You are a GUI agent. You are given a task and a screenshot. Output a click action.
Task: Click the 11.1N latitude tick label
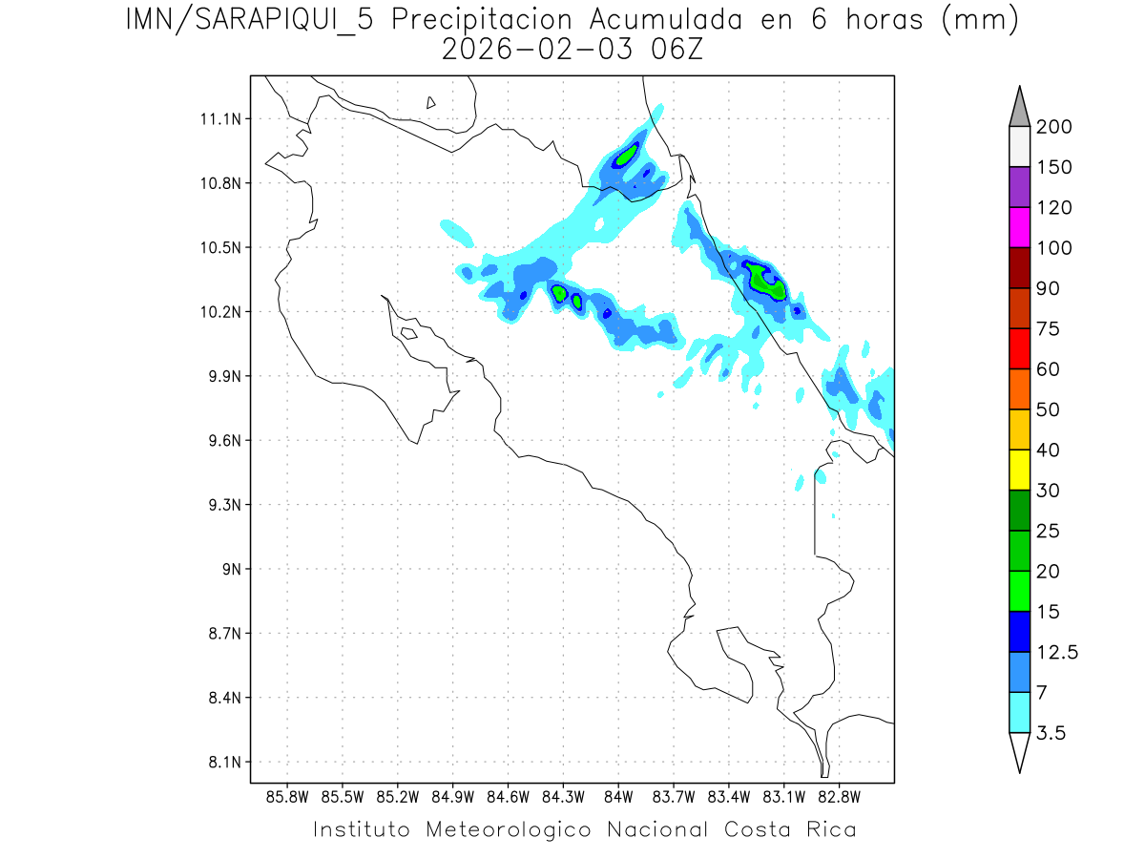(219, 119)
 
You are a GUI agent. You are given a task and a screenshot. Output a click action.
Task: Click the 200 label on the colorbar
(1054, 127)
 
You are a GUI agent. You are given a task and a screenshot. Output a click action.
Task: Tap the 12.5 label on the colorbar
(1057, 653)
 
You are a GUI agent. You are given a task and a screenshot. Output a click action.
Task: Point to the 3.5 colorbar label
(1051, 733)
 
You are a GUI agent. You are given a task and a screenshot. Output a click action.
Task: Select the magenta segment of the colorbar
(1019, 227)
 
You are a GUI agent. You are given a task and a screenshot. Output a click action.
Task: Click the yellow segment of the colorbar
(1019, 470)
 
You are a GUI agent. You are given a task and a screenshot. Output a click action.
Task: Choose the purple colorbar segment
(1019, 187)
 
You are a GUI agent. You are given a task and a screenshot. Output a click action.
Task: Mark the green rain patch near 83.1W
(766, 282)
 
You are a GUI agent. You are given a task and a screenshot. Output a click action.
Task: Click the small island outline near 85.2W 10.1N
(407, 333)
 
